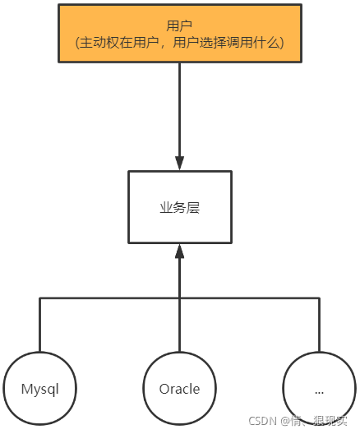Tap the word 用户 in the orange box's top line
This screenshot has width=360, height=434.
[x=179, y=24]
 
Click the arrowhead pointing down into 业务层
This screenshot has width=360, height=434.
[x=179, y=163]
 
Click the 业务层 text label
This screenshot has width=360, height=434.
[x=179, y=208]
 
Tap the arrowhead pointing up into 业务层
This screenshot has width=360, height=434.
[x=179, y=253]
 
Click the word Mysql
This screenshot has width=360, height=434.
[x=39, y=389]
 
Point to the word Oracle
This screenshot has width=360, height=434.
[x=179, y=389]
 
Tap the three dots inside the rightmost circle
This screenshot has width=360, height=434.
[x=319, y=390]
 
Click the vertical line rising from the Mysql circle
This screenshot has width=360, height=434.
[x=39, y=325]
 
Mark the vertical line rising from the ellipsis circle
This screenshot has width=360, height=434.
[x=319, y=325]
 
